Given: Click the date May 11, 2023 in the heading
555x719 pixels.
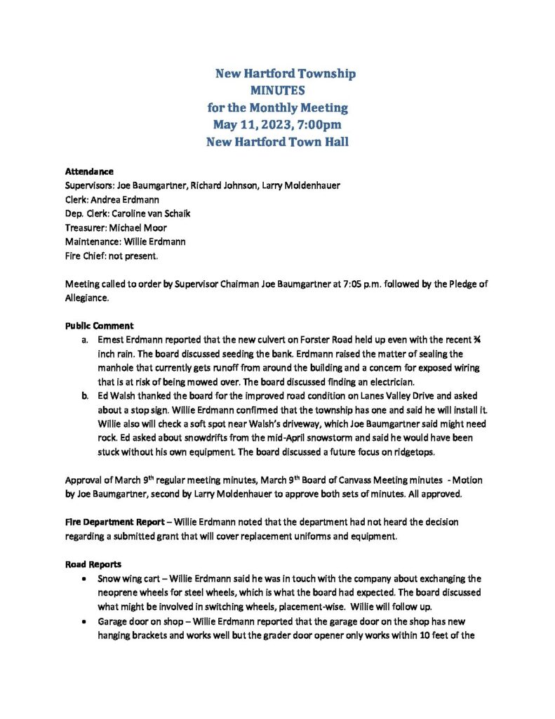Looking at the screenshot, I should [255, 124].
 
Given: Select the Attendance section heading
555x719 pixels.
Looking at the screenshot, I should [89, 171].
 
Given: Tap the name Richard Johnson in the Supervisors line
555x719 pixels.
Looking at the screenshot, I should [222, 185].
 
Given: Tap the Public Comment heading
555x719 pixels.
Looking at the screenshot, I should [95, 326].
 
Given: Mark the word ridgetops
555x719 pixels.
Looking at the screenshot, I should [413, 453].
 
